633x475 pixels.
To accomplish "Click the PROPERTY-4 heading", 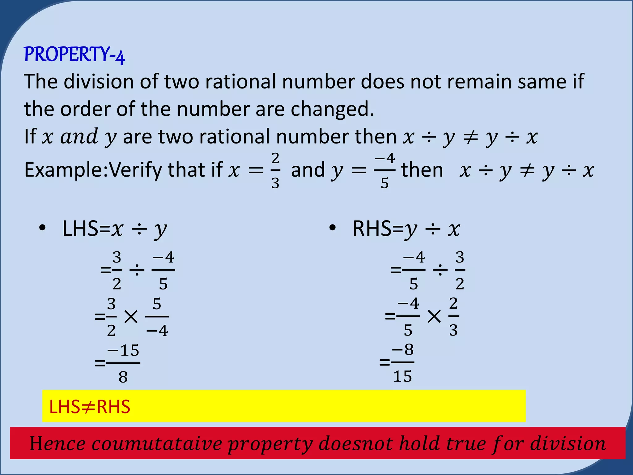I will [x=74, y=55].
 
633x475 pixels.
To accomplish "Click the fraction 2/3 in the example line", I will [x=275, y=171].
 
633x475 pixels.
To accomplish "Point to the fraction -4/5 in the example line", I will [x=384, y=171].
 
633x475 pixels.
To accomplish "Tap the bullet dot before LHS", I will [x=43, y=228].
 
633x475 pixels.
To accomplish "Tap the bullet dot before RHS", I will [x=333, y=228].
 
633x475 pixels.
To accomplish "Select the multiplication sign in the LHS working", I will [x=131, y=317].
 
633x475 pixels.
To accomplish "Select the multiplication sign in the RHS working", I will [x=434, y=317].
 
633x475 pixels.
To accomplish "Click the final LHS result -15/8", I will [x=123, y=363].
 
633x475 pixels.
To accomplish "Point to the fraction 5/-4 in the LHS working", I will [x=157, y=317].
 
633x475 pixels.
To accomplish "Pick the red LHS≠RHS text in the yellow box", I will [x=90, y=407].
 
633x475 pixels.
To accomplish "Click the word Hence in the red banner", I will [x=57, y=443].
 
